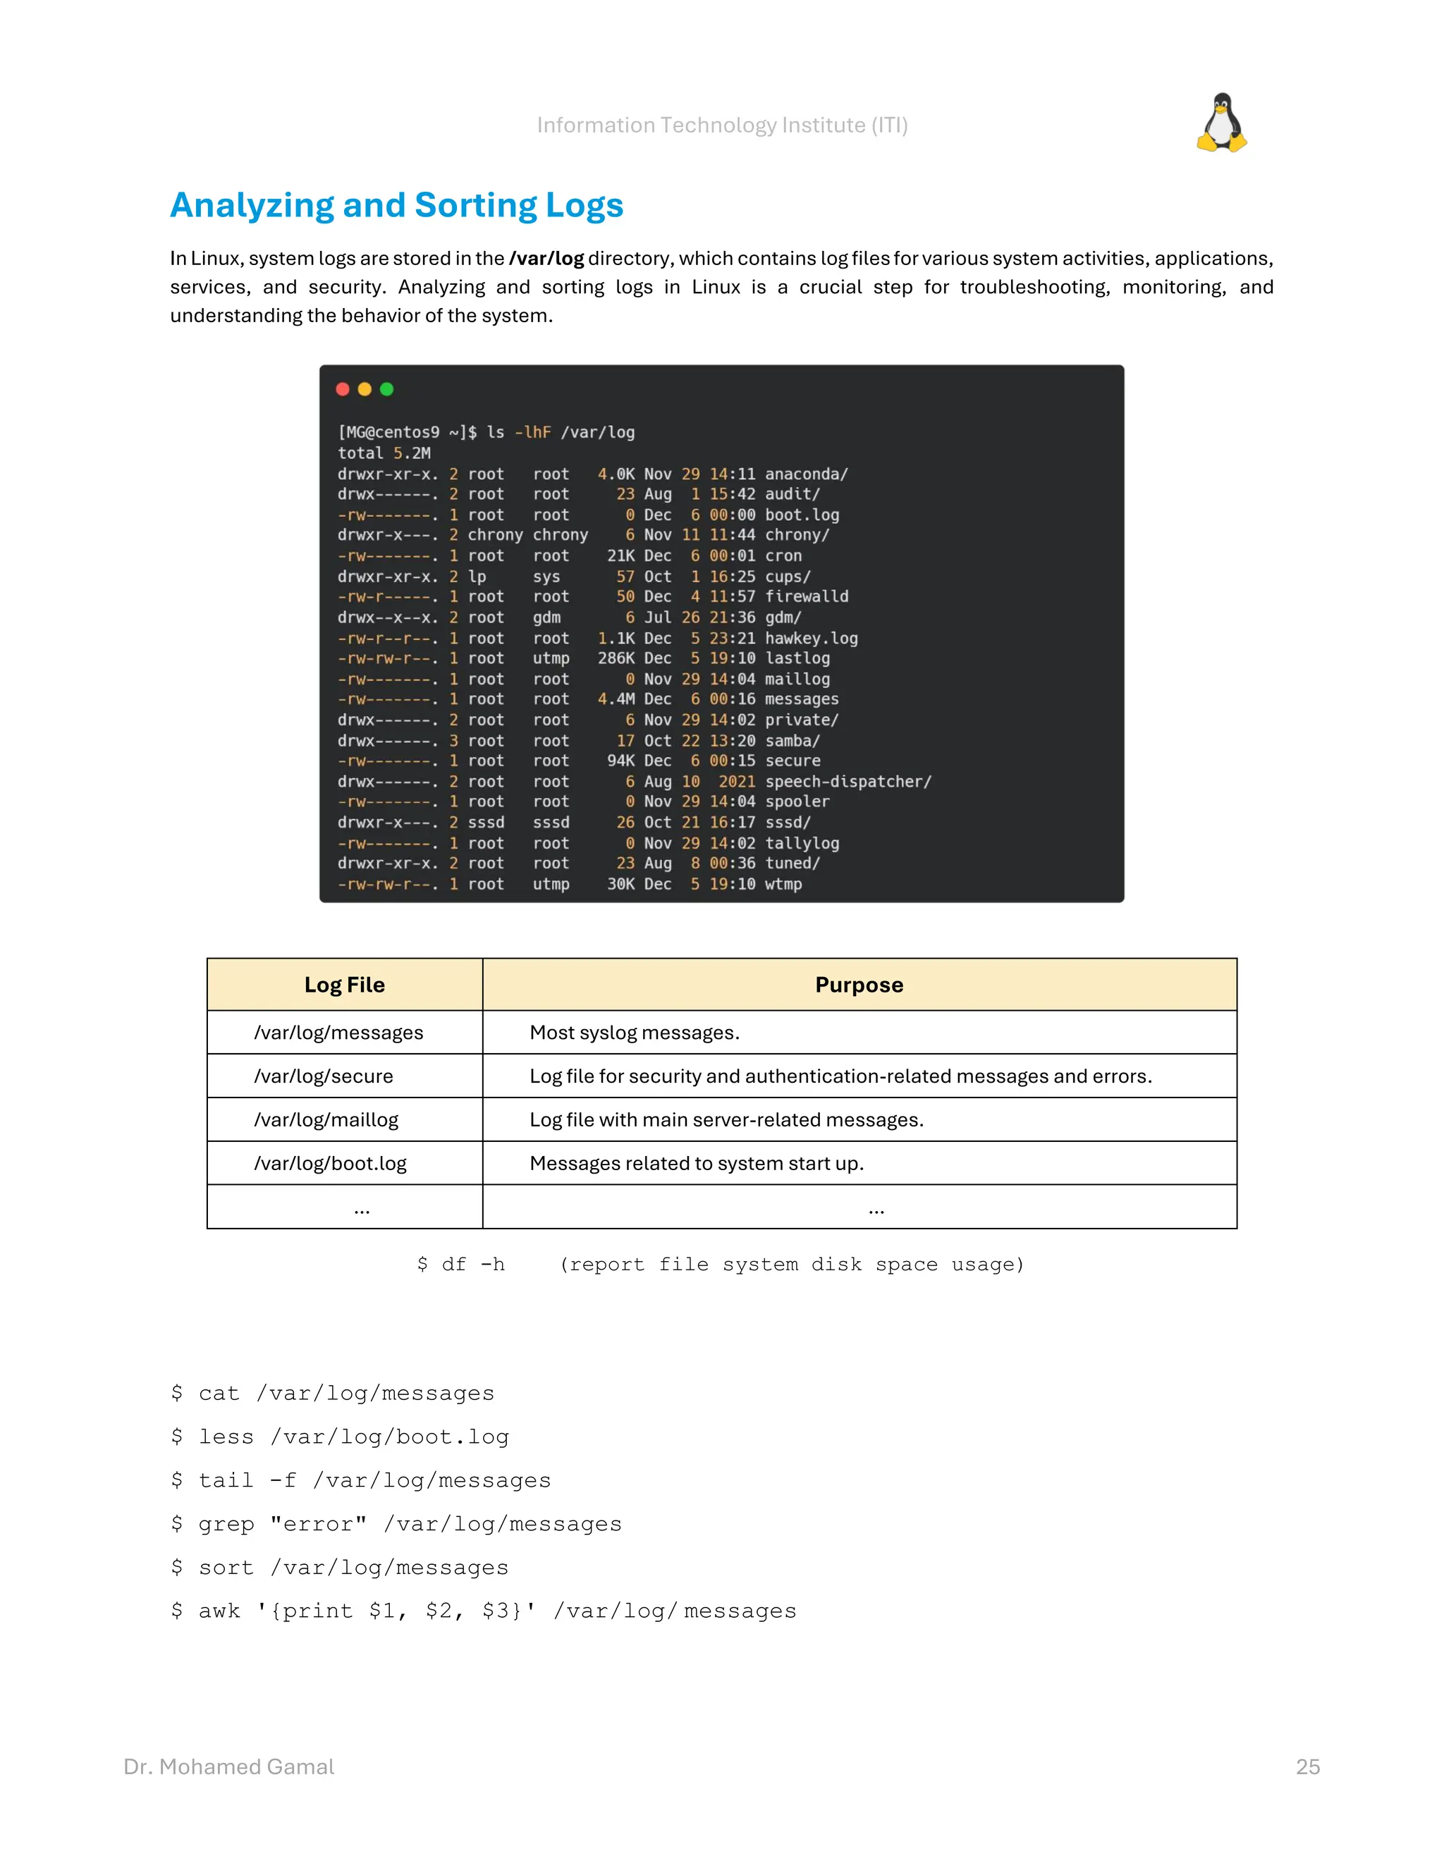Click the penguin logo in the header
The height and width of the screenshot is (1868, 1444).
click(1222, 123)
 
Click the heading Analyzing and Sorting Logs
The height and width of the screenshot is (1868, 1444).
click(397, 205)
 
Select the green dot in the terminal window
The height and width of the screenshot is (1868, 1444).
click(386, 389)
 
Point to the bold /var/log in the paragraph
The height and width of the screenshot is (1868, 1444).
click(546, 258)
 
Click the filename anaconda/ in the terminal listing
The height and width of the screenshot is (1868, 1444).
click(806, 474)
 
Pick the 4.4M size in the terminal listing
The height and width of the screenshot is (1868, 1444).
click(616, 699)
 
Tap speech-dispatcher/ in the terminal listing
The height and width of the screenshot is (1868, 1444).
click(848, 781)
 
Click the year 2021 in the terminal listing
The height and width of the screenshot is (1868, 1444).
click(737, 781)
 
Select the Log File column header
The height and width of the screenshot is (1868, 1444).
click(345, 985)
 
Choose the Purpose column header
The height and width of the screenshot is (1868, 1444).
click(859, 985)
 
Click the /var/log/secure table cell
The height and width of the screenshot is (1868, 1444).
click(324, 1076)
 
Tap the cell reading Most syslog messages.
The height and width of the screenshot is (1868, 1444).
click(635, 1033)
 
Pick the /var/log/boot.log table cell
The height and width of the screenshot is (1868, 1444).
click(330, 1163)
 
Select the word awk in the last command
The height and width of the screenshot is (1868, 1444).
click(219, 1611)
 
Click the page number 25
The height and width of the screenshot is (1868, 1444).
click(1308, 1767)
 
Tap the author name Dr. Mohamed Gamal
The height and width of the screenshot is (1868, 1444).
click(229, 1767)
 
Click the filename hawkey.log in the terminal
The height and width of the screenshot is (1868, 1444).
click(811, 638)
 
